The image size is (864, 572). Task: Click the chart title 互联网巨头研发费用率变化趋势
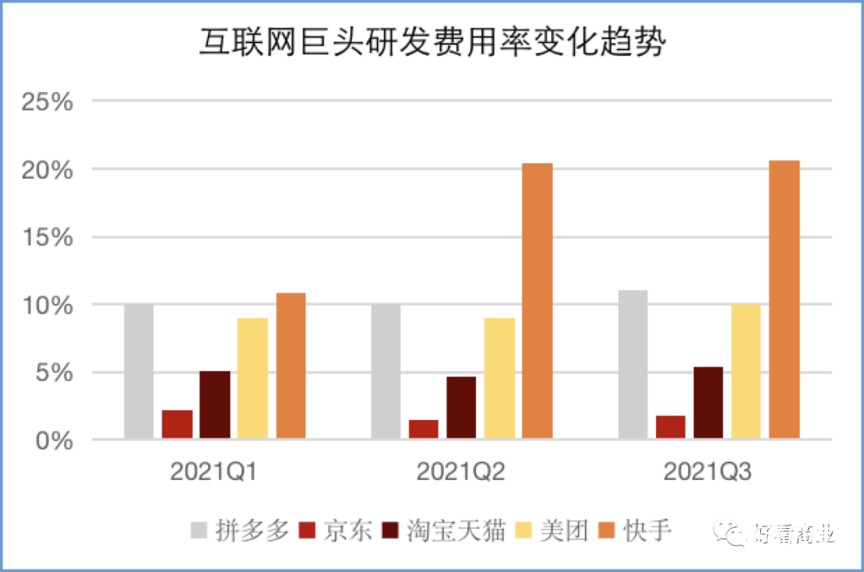432,42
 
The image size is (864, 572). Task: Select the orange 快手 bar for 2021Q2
538,301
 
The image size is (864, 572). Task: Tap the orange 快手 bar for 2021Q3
785,299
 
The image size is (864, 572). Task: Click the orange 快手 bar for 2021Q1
291,366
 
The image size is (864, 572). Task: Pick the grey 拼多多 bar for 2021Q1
139,371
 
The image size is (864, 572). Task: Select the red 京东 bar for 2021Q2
424,429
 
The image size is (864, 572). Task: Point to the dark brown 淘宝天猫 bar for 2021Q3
709,402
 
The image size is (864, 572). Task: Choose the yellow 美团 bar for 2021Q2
500,378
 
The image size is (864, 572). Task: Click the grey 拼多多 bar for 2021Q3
633,364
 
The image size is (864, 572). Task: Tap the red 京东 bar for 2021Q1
178,424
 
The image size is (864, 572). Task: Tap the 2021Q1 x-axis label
214,473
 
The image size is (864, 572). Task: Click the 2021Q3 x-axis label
708,473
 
